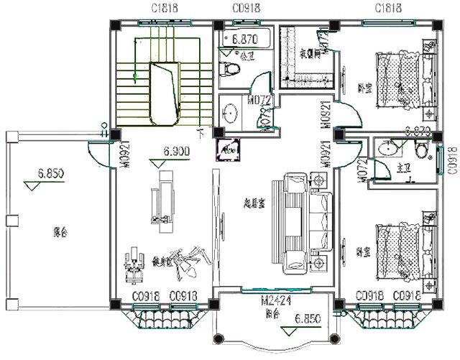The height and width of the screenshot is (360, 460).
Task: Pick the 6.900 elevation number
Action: click(x=176, y=152)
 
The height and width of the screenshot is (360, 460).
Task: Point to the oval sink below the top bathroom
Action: click(x=231, y=113)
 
